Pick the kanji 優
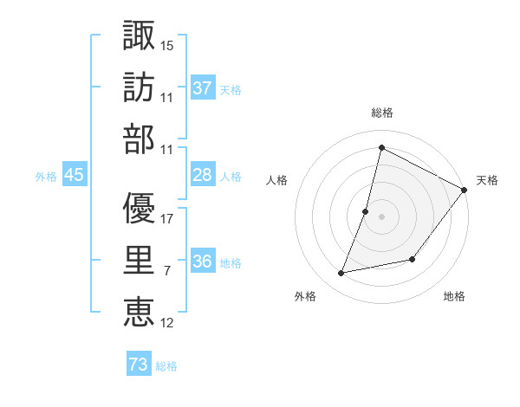(140, 208)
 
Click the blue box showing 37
(203, 87)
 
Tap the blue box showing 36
(203, 262)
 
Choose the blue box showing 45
(75, 176)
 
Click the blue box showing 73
(139, 365)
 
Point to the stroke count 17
(168, 218)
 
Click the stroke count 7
(166, 271)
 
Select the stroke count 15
(168, 44)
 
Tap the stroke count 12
(168, 323)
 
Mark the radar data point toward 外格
(341, 273)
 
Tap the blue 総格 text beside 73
(167, 366)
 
